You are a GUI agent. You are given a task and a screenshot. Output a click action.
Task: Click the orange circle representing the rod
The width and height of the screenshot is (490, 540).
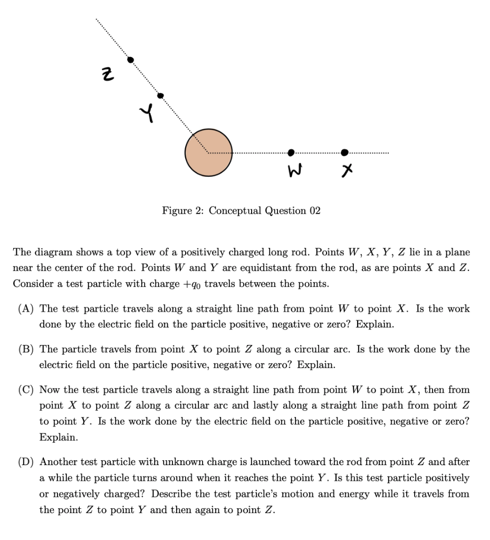[208, 152]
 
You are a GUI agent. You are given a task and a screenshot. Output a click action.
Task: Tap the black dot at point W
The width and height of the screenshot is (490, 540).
[291, 152]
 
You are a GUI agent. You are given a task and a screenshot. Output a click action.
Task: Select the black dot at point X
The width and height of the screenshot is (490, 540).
[344, 152]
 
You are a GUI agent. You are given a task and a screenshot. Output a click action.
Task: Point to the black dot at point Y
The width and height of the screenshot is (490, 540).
[161, 95]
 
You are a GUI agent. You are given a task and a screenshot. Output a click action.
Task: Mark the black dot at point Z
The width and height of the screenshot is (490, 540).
[131, 60]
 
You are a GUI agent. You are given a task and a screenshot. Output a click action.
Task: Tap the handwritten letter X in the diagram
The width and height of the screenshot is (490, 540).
[346, 170]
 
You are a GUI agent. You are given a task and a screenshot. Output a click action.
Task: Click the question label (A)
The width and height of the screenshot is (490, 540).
[26, 309]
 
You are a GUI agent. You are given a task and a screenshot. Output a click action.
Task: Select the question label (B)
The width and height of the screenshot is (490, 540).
[26, 350]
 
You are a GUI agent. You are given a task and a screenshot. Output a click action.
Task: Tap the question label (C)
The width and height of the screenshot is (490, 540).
[26, 390]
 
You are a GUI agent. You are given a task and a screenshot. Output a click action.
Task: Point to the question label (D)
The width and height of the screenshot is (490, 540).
[26, 462]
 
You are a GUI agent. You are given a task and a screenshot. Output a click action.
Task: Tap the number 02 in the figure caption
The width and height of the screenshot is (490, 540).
[314, 211]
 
